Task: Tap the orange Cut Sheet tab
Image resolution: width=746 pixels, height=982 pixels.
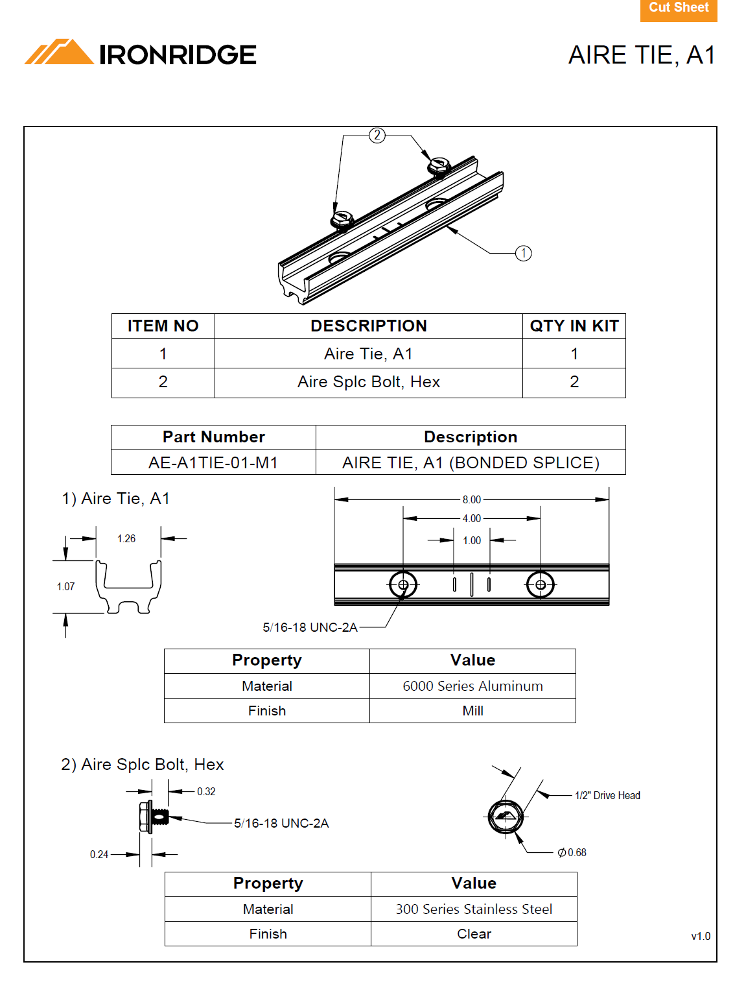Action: pyautogui.click(x=678, y=9)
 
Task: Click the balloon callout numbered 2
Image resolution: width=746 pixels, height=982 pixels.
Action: pyautogui.click(x=377, y=135)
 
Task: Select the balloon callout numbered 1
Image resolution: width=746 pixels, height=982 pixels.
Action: pyautogui.click(x=523, y=253)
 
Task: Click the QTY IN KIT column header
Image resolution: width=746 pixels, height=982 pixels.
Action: pyautogui.click(x=574, y=326)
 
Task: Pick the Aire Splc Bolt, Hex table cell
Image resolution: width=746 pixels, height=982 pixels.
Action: pyautogui.click(x=368, y=382)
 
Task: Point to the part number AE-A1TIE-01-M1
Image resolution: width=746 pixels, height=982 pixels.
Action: pyautogui.click(x=213, y=462)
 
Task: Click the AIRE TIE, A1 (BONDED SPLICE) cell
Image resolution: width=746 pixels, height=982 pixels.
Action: pyautogui.click(x=471, y=462)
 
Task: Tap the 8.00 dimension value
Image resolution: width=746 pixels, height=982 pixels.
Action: pyautogui.click(x=471, y=499)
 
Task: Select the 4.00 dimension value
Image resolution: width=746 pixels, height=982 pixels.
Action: pyautogui.click(x=471, y=518)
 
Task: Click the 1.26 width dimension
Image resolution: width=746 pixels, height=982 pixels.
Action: pyautogui.click(x=126, y=538)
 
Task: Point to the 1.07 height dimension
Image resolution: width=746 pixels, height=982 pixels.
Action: pyautogui.click(x=65, y=586)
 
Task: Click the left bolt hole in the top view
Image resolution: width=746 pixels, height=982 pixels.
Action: pyautogui.click(x=403, y=585)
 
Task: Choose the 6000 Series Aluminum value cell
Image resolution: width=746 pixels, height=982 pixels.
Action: pyautogui.click(x=472, y=686)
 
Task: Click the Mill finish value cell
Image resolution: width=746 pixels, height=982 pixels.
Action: pyautogui.click(x=472, y=711)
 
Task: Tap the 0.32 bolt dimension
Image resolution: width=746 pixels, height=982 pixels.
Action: pyautogui.click(x=206, y=791)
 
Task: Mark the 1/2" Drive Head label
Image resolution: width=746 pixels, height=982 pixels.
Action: pyautogui.click(x=607, y=795)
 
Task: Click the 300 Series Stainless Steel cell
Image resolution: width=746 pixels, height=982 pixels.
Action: pyautogui.click(x=474, y=909)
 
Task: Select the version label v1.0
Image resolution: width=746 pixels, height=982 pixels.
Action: pyautogui.click(x=701, y=936)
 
